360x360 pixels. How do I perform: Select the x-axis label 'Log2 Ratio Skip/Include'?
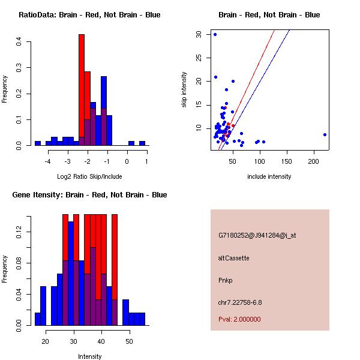click(x=89, y=176)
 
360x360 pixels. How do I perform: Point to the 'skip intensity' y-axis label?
click(x=185, y=90)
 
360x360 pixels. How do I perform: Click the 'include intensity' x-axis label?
click(x=269, y=176)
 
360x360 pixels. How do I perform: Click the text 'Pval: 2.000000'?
click(x=239, y=319)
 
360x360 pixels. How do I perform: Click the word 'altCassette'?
click(x=233, y=258)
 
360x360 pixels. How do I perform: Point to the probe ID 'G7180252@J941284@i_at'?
click(x=257, y=235)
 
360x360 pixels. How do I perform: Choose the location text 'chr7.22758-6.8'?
click(x=240, y=302)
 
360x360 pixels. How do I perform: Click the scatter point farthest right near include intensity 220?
click(x=325, y=134)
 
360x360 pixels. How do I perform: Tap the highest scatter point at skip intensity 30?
click(x=215, y=34)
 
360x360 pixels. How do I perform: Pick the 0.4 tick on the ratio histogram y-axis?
click(x=19, y=41)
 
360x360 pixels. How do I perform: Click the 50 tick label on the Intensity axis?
click(x=129, y=341)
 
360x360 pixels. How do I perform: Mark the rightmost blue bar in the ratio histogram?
click(x=142, y=143)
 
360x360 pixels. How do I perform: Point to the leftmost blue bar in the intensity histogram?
click(x=37, y=319)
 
